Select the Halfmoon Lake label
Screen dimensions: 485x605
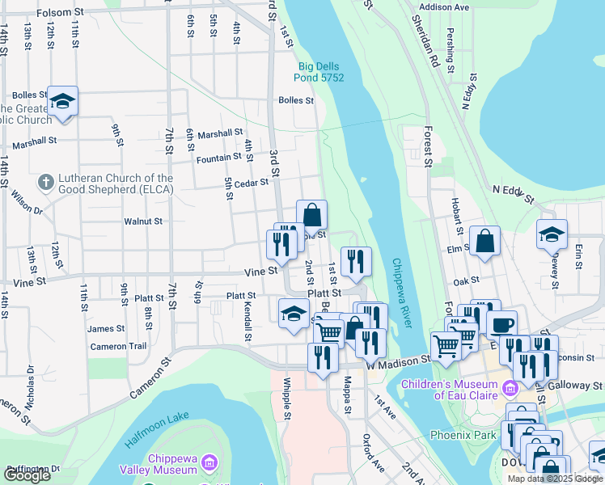(157, 430)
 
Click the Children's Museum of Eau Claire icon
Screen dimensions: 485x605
(510, 389)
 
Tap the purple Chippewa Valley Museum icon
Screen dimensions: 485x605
(209, 462)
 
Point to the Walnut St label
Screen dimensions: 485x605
(143, 221)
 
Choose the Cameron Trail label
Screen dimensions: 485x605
(118, 346)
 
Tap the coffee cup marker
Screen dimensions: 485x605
(503, 324)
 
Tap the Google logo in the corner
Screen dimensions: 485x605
(27, 475)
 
